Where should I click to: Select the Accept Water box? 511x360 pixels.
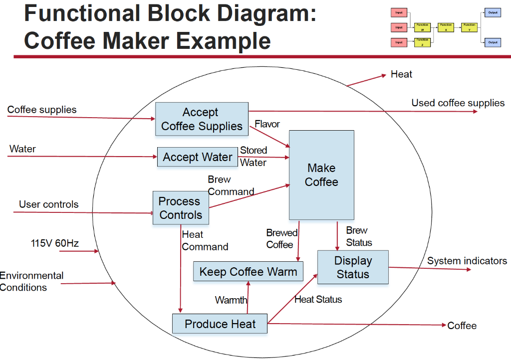(x=197, y=157)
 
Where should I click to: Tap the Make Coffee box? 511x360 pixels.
(x=321, y=175)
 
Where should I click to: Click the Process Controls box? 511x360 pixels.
(x=180, y=208)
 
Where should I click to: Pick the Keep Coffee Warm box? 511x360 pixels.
(x=248, y=272)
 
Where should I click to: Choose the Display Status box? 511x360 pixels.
(x=353, y=267)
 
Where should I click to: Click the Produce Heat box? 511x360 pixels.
(x=220, y=324)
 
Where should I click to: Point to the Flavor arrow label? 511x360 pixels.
(x=267, y=124)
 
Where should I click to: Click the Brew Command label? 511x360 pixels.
(x=230, y=185)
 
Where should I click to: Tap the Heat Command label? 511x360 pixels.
(x=205, y=240)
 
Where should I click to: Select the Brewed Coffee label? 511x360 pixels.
(x=281, y=238)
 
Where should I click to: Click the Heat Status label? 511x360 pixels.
(x=318, y=299)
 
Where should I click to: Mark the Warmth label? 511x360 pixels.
(x=231, y=300)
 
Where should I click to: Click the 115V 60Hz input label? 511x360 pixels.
(x=54, y=243)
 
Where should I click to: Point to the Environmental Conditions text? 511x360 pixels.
(x=31, y=281)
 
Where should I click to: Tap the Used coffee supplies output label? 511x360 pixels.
(x=458, y=103)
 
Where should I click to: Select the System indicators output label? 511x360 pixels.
(x=467, y=260)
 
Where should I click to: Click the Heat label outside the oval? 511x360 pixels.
(x=401, y=74)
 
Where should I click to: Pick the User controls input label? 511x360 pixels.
(x=48, y=204)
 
